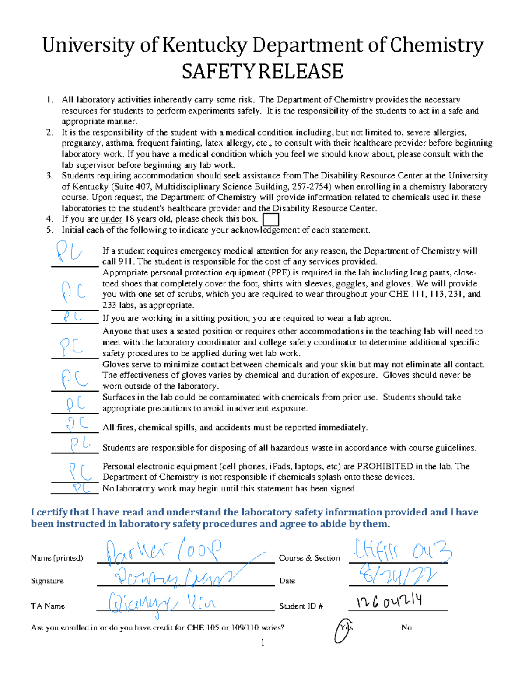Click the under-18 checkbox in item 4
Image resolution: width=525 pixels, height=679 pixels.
270,219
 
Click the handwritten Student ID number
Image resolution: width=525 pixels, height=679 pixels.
389,602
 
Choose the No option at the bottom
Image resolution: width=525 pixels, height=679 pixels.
406,628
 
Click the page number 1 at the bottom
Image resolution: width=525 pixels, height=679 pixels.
262,642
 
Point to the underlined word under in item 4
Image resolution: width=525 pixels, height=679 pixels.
111,219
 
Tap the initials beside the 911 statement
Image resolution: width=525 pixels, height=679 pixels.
69,252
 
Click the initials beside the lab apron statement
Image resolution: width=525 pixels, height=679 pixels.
73,317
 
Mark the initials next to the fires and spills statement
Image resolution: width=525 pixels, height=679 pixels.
77,424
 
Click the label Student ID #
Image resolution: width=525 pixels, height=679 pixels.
301,606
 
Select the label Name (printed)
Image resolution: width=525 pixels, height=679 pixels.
57,558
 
